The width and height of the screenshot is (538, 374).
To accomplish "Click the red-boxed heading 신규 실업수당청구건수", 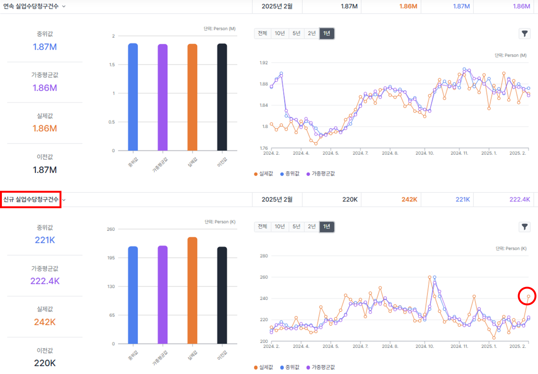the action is click(x=31, y=199).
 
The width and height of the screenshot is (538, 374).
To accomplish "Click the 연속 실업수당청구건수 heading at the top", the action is click(x=31, y=6).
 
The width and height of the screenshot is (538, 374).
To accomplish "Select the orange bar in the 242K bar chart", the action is click(x=193, y=290).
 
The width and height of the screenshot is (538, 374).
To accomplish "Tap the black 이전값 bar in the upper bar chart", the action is click(x=222, y=97).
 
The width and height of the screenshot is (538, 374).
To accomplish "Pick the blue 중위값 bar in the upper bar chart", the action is click(x=133, y=97).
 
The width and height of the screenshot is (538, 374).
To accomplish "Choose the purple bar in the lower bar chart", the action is click(x=162, y=295).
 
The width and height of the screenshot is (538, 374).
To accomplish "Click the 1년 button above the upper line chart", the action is click(x=327, y=33).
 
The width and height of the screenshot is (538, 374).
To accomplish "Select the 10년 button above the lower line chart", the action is click(x=280, y=226).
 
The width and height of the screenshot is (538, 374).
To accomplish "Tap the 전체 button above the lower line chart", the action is click(x=263, y=226).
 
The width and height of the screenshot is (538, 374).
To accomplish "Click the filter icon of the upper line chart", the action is click(x=525, y=34).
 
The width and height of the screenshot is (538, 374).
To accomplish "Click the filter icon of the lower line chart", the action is click(x=525, y=227).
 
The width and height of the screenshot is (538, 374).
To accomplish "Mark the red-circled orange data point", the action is click(x=529, y=296).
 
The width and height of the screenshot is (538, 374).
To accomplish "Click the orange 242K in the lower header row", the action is click(x=409, y=199).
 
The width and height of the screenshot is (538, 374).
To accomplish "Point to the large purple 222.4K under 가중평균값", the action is click(x=45, y=281).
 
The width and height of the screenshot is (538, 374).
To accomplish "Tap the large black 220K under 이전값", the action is click(x=45, y=363).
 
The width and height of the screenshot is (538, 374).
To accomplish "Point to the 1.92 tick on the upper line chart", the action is click(x=264, y=63).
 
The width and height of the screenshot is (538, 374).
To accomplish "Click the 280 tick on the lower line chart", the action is click(x=264, y=256).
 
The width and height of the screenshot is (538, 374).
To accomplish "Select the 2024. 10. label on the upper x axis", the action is click(x=425, y=153).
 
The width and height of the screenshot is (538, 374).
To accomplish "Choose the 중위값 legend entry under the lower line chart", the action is click(x=290, y=367).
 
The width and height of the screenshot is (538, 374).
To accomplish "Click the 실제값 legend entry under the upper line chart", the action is click(x=263, y=174).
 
